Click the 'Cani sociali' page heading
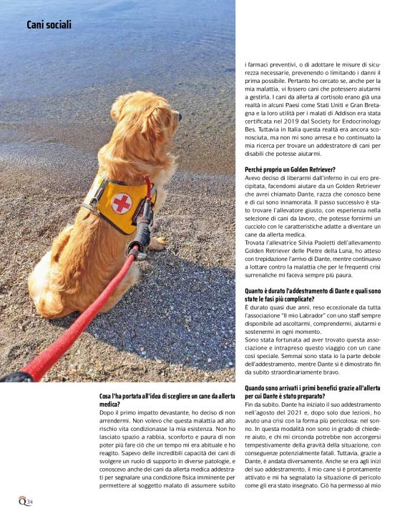coord(49,25)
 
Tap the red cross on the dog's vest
coord(122,204)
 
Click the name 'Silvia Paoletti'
coord(311,244)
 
